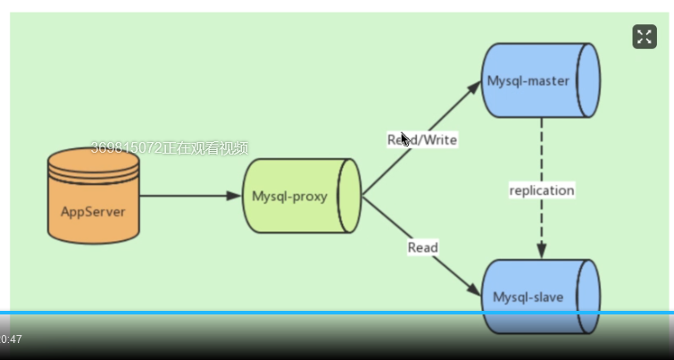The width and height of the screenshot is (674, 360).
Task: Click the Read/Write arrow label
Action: (422, 140)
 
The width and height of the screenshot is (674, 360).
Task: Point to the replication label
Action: (542, 190)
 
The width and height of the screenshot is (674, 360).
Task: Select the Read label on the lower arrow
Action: (423, 247)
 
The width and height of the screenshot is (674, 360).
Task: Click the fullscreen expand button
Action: (645, 37)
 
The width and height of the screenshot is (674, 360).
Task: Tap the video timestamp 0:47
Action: (12, 339)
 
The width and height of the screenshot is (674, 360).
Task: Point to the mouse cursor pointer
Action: (404, 138)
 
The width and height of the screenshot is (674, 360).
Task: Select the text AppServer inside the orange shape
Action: (93, 212)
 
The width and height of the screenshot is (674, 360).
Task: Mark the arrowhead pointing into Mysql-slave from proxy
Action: (474, 289)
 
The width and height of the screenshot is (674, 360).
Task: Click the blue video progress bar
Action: (337, 313)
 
